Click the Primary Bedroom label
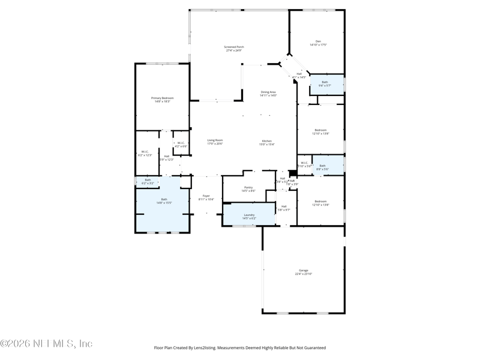(160, 97)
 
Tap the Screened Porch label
(234, 46)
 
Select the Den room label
(318, 41)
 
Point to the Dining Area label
(268, 91)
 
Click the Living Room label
(215, 140)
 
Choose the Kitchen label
(266, 140)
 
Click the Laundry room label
(248, 214)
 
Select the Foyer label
(206, 196)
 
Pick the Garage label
(303, 270)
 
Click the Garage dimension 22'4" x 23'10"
(303, 274)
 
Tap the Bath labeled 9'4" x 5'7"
(325, 82)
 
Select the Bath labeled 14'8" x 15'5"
(164, 199)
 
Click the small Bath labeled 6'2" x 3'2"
(148, 179)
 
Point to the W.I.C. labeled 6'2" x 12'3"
(145, 152)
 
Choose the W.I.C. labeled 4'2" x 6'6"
(181, 143)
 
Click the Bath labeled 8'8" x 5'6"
(322, 166)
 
